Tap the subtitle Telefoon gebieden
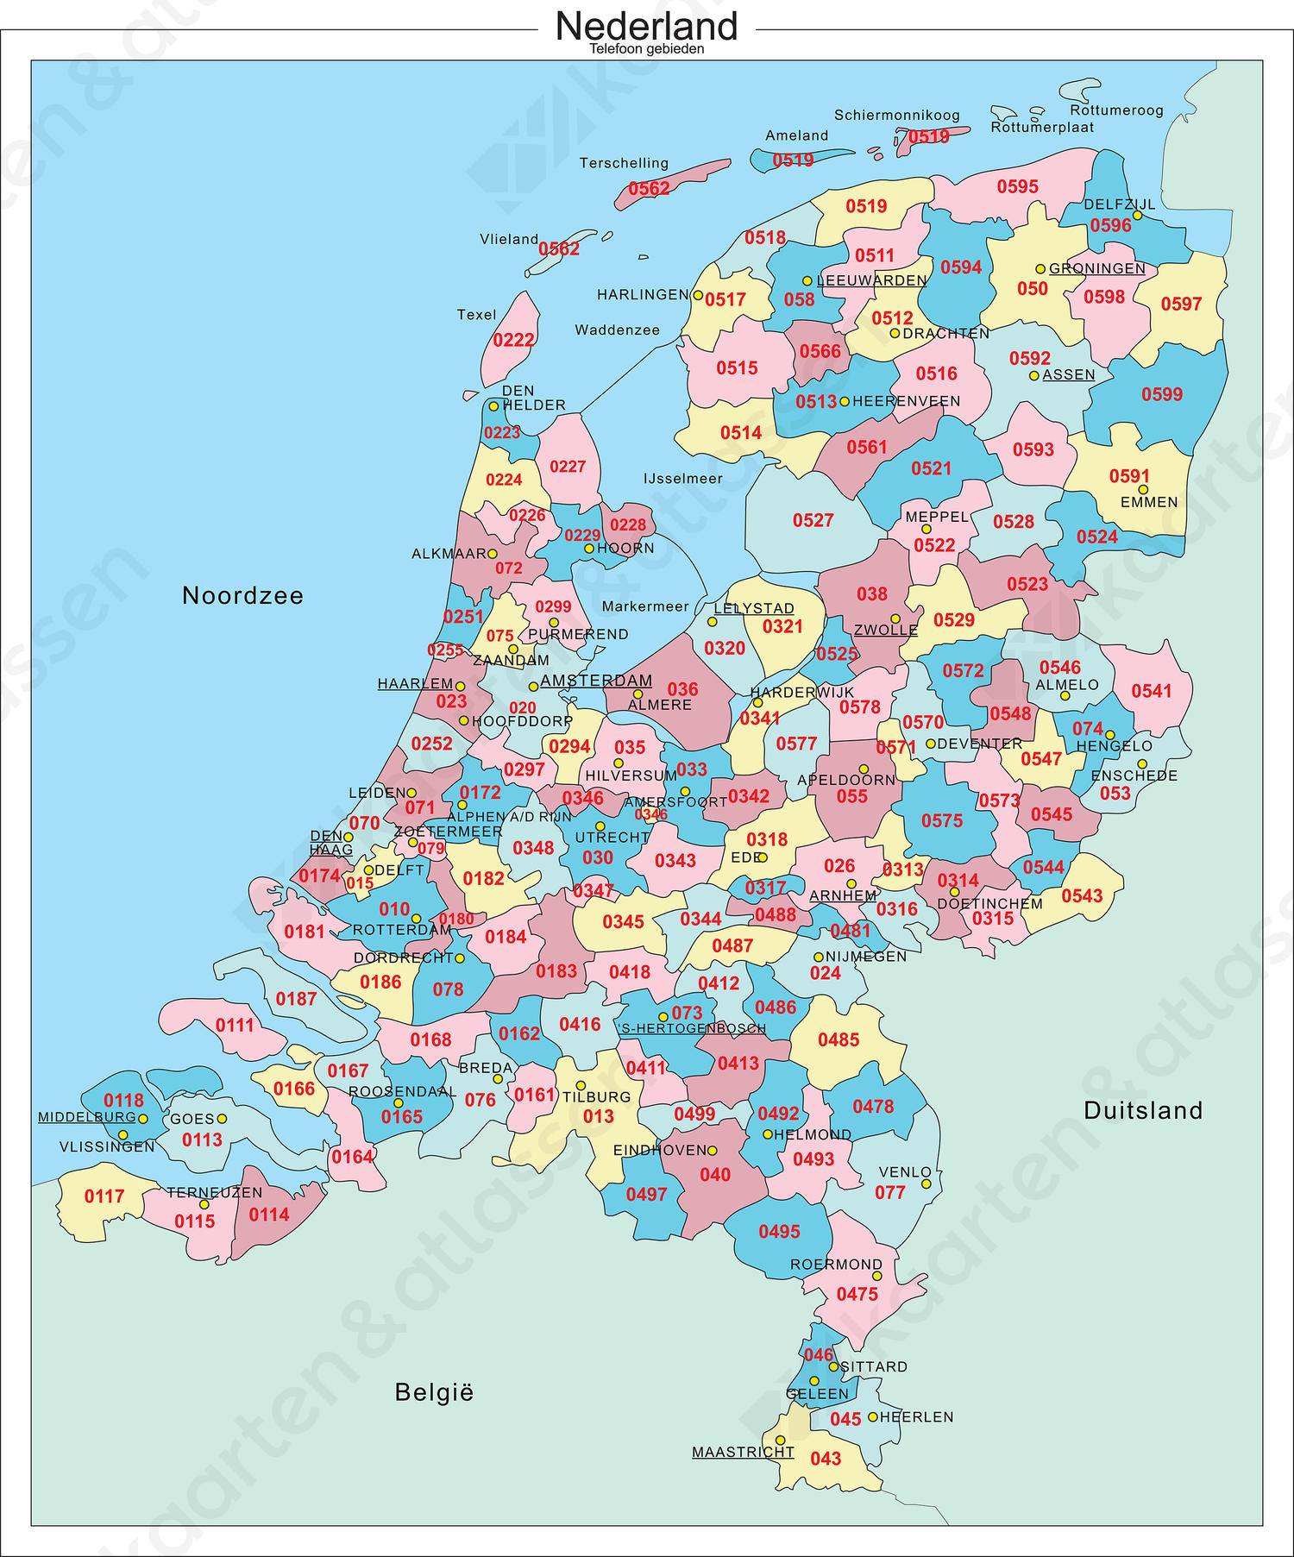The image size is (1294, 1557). pyautogui.click(x=646, y=49)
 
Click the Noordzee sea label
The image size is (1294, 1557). pyautogui.click(x=242, y=595)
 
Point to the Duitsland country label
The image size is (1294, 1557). pyautogui.click(x=1142, y=1110)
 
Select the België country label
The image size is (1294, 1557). pyautogui.click(x=434, y=1392)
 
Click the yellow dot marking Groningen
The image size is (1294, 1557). pyautogui.click(x=1040, y=269)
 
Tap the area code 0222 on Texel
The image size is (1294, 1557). pyautogui.click(x=513, y=340)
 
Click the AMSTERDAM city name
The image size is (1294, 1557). pyautogui.click(x=596, y=681)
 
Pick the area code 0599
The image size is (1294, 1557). pyautogui.click(x=1162, y=394)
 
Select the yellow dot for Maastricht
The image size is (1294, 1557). pyautogui.click(x=780, y=1441)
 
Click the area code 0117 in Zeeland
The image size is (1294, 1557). pyautogui.click(x=104, y=1196)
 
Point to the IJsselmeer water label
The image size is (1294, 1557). pyautogui.click(x=682, y=479)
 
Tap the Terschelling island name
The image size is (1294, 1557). pyautogui.click(x=624, y=163)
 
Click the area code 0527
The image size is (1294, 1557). pyautogui.click(x=813, y=520)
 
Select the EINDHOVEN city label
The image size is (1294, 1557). pyautogui.click(x=659, y=1151)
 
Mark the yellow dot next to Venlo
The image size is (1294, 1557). pyautogui.click(x=926, y=1183)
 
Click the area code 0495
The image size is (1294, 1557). pyautogui.click(x=779, y=1232)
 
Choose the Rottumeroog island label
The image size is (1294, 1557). pyautogui.click(x=1116, y=110)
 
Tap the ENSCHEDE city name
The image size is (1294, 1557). pyautogui.click(x=1134, y=775)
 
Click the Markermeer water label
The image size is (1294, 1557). pyautogui.click(x=645, y=606)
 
